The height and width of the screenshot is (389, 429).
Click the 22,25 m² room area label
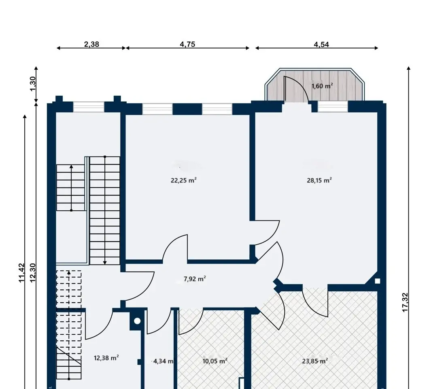click(x=184, y=180)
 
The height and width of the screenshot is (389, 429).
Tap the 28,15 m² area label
click(x=319, y=180)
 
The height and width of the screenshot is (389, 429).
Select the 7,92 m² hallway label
click(x=195, y=279)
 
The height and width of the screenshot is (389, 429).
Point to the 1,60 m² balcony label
click(x=322, y=86)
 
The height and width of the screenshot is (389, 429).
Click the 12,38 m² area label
click(x=106, y=358)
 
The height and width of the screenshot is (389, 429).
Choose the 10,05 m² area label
click(x=215, y=361)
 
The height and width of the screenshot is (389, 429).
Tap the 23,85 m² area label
click(x=315, y=361)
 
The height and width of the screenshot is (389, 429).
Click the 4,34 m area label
click(x=164, y=361)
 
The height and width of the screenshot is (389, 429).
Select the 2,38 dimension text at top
click(x=91, y=44)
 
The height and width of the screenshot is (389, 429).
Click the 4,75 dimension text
click(x=187, y=44)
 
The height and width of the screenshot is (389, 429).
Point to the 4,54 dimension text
click(x=321, y=45)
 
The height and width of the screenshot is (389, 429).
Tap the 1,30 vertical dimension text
click(x=32, y=84)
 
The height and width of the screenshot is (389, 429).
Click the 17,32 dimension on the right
click(x=405, y=302)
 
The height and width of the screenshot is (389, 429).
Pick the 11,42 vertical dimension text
click(x=21, y=273)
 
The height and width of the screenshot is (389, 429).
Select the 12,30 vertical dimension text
click(x=32, y=273)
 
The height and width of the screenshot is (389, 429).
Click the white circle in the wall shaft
click(x=137, y=321)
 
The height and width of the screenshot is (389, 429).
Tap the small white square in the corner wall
click(x=378, y=281)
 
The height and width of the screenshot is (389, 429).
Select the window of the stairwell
click(x=89, y=107)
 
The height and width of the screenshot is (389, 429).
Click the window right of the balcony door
click(x=333, y=107)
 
